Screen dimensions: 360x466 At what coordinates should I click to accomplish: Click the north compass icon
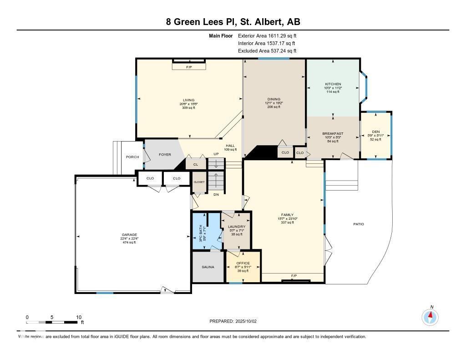[x=430, y=316]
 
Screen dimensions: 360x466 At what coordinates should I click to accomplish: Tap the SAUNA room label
[x=208, y=267]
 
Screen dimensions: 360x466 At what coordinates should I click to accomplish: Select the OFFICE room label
[x=243, y=263]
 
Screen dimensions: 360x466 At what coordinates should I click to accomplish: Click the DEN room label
[x=376, y=132]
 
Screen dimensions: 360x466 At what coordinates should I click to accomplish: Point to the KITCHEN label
[x=333, y=84]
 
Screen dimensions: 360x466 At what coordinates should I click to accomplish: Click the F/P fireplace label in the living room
[x=189, y=67]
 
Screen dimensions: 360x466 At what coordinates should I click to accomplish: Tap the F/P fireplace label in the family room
[x=294, y=276]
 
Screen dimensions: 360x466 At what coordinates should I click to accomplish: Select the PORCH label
[x=132, y=157]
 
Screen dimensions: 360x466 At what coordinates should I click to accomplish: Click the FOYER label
[x=165, y=155]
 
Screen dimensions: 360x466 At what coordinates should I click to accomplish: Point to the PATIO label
[x=359, y=224]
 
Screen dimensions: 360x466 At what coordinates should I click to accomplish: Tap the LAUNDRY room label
[x=237, y=227]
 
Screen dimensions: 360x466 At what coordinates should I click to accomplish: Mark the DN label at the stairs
[x=216, y=194]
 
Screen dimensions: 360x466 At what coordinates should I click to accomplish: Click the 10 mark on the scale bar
[x=78, y=317]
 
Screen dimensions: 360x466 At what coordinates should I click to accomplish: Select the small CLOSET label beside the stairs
[x=199, y=182]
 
